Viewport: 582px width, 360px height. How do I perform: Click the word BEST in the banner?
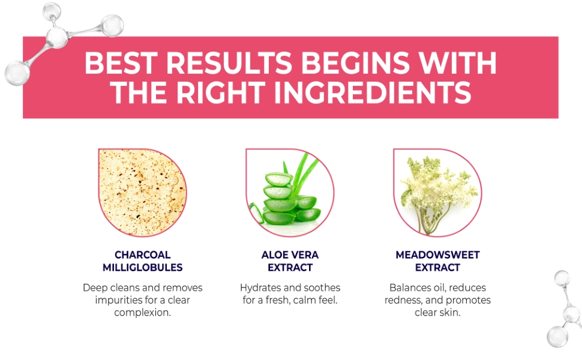click(x=121, y=63)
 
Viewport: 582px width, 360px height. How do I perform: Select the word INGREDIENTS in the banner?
click(x=372, y=93)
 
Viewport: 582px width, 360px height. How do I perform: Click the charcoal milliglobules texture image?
click(x=142, y=192)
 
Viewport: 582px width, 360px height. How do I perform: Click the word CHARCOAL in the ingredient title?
click(x=143, y=255)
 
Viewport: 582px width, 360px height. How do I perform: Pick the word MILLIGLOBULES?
click(x=143, y=268)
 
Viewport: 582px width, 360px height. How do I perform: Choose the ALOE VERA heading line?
click(x=290, y=255)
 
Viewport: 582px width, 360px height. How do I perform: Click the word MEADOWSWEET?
click(x=437, y=255)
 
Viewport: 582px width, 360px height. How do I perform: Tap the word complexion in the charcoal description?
click(x=143, y=313)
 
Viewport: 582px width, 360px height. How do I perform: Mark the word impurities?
click(x=117, y=300)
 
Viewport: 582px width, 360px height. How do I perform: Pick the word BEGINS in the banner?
click(x=355, y=63)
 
